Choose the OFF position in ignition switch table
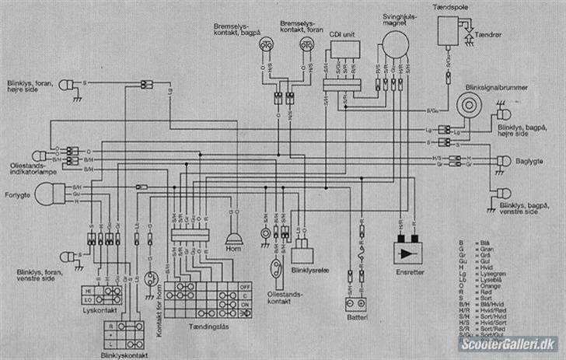pos(245,286)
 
